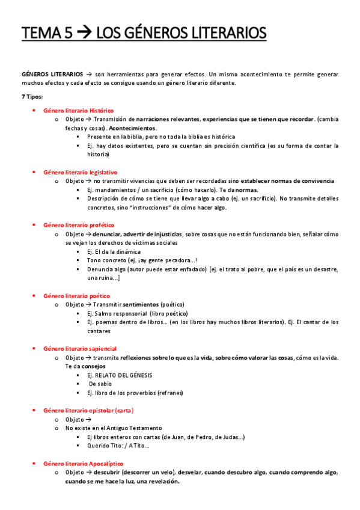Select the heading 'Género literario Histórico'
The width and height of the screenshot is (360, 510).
(x=79, y=111)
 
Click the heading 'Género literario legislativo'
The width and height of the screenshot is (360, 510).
(x=81, y=172)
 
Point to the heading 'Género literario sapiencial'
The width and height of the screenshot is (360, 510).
(x=80, y=349)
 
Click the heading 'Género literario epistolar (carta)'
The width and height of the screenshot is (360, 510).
(x=88, y=410)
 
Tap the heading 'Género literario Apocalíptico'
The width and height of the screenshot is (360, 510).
(x=84, y=464)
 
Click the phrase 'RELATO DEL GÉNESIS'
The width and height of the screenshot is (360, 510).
(x=124, y=375)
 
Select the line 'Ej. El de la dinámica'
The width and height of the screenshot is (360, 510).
(x=114, y=251)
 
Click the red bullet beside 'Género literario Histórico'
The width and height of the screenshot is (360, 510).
(x=34, y=111)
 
